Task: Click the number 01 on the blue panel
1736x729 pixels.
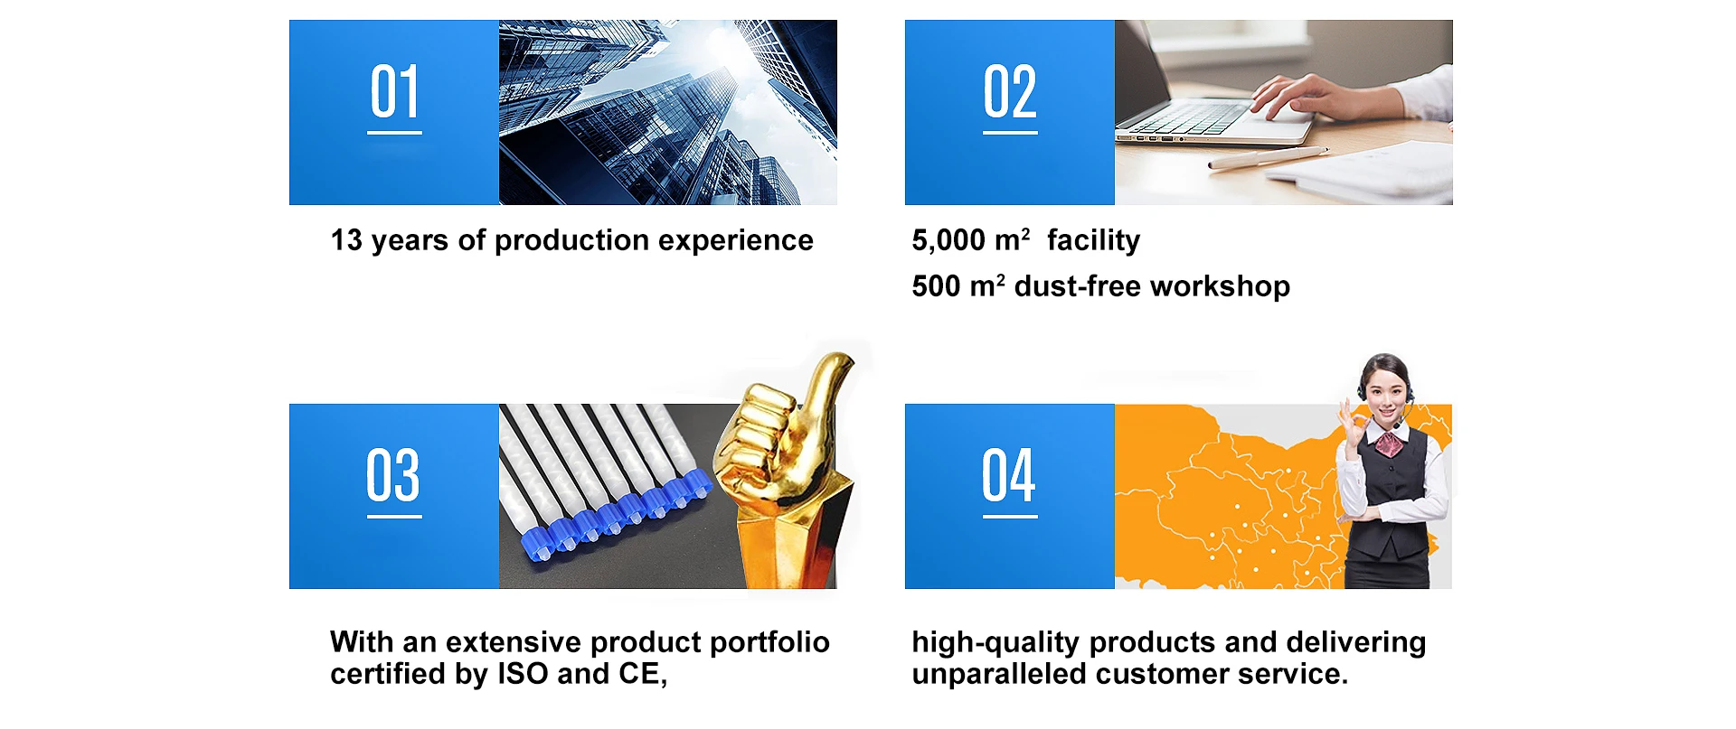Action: pos(394,92)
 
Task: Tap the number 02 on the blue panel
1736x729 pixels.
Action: pos(1010,92)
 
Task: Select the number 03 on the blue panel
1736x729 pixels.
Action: pos(393,475)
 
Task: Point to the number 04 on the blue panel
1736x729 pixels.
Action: pos(1009,475)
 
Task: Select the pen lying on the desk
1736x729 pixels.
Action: pos(1267,158)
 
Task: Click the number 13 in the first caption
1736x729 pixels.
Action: pos(346,240)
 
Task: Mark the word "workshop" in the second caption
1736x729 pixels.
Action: pos(1221,287)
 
